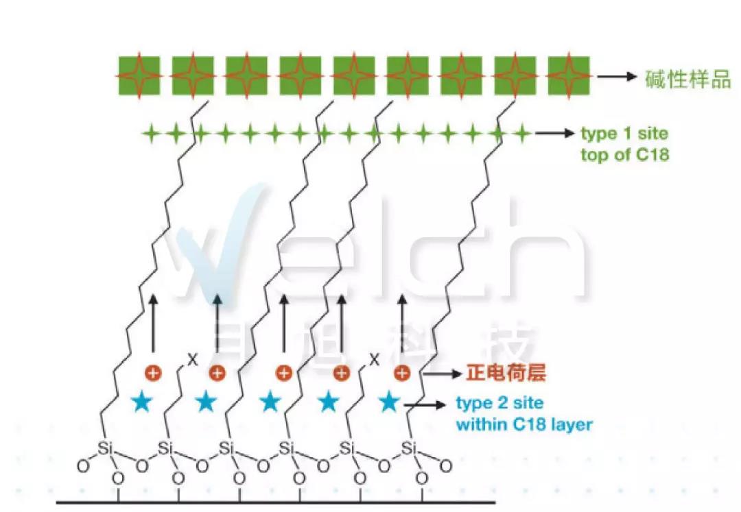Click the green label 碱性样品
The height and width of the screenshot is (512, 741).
(687, 78)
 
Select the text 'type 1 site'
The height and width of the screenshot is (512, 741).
(624, 133)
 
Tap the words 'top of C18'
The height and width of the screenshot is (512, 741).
(624, 155)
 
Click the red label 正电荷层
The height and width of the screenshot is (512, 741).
(506, 374)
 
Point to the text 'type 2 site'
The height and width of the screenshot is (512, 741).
(499, 403)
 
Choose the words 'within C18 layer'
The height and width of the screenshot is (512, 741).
(524, 425)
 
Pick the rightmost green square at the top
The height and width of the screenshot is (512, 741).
(569, 76)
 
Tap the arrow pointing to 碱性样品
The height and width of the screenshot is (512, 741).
(617, 77)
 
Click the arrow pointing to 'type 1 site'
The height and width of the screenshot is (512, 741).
(554, 133)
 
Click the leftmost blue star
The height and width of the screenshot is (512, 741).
(141, 402)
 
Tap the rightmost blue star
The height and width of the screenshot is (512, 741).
(390, 402)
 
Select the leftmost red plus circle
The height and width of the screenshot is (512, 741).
(153, 374)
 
